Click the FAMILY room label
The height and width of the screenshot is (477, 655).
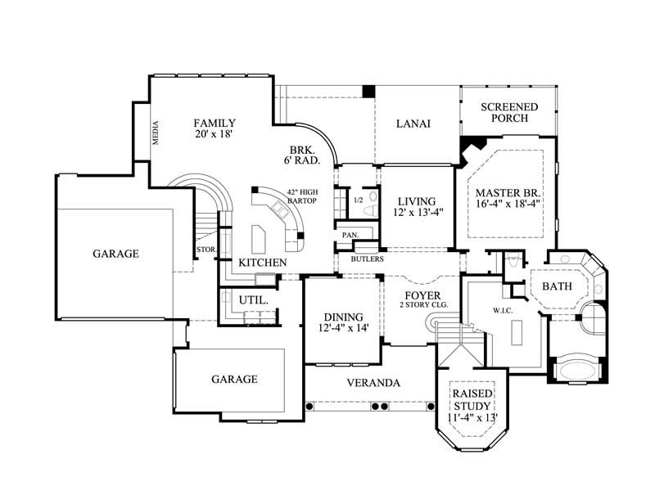click(x=215, y=123)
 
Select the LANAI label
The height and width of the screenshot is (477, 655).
click(x=413, y=124)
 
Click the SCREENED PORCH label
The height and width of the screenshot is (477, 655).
click(x=508, y=112)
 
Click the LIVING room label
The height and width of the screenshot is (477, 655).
click(x=417, y=201)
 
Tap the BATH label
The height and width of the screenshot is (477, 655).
click(x=557, y=287)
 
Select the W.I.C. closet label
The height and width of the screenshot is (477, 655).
click(x=502, y=309)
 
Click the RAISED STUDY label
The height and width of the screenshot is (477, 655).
click(x=471, y=399)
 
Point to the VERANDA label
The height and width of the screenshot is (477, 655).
click(x=373, y=382)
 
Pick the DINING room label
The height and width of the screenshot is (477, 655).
click(x=342, y=317)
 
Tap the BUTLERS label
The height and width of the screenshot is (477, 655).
click(x=367, y=259)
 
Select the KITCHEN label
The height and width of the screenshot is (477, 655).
click(x=262, y=262)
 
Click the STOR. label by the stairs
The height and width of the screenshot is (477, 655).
click(x=205, y=249)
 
